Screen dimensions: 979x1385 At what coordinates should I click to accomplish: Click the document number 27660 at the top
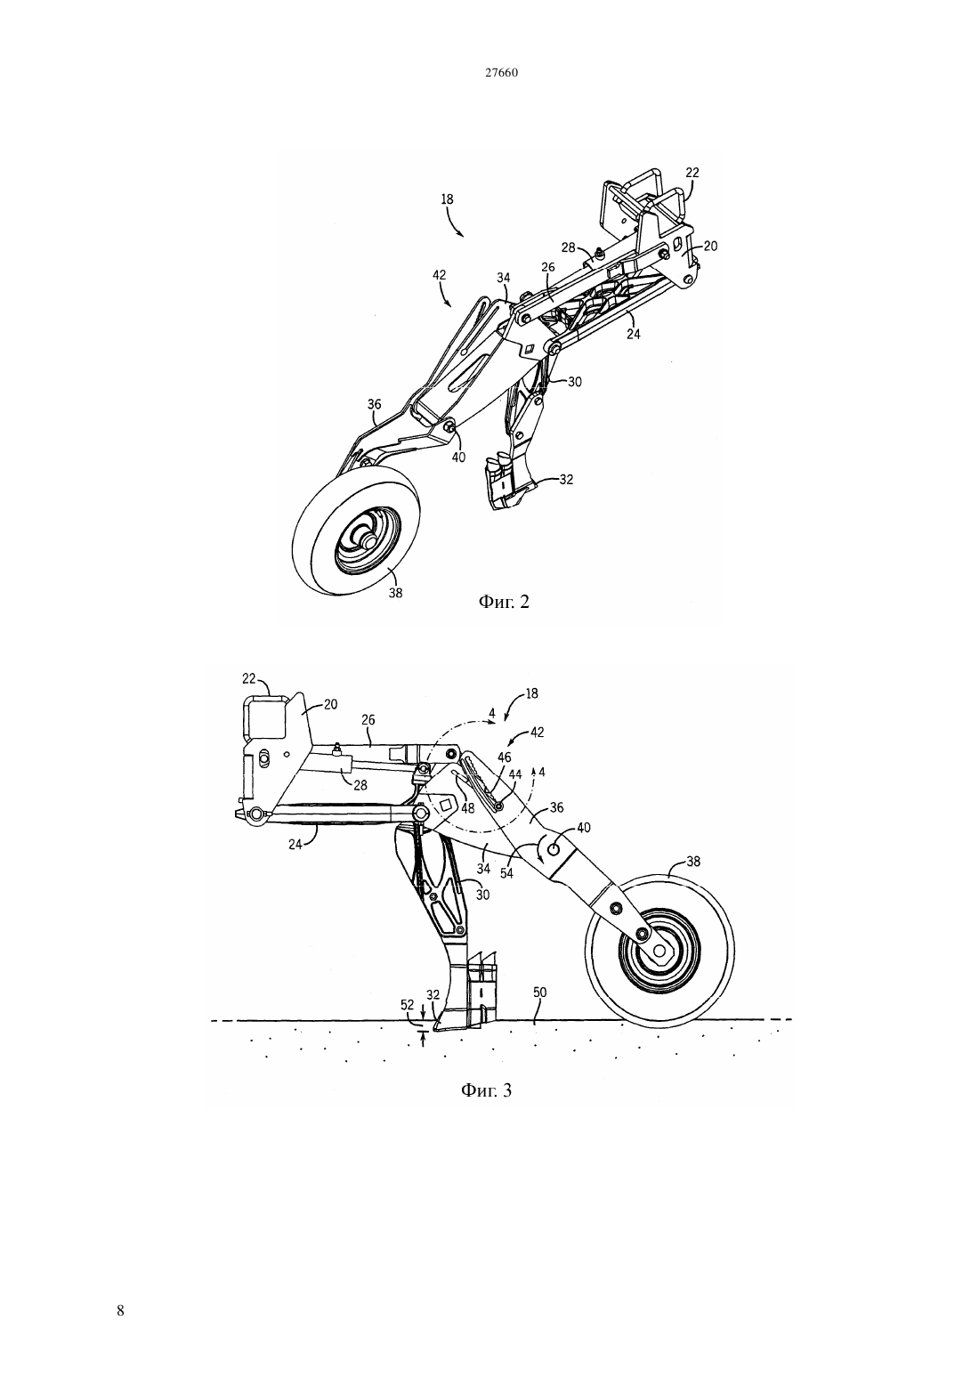tap(500, 73)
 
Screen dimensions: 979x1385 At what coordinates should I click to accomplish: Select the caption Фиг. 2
tap(505, 602)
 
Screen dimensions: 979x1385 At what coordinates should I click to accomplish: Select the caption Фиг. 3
tap(487, 1107)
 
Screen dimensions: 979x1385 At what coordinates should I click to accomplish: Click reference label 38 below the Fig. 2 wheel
tap(395, 592)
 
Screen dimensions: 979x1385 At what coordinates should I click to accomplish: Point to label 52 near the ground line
tap(408, 1005)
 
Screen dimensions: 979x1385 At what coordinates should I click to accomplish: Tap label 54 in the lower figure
tap(506, 874)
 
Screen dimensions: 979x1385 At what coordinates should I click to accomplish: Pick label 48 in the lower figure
tap(468, 807)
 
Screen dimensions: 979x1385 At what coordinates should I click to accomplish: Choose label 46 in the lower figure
tap(505, 757)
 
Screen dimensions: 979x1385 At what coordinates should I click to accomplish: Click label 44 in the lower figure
tap(514, 774)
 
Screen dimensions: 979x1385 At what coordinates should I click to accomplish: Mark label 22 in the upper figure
tap(692, 173)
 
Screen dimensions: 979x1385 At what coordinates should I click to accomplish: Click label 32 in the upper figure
tap(566, 479)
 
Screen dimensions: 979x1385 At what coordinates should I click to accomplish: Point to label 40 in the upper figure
tap(458, 457)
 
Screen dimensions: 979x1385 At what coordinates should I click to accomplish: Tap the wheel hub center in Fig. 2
tap(369, 539)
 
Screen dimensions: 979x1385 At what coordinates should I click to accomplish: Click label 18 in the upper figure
tap(447, 199)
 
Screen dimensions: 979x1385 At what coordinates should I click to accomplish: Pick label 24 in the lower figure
tap(295, 843)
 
